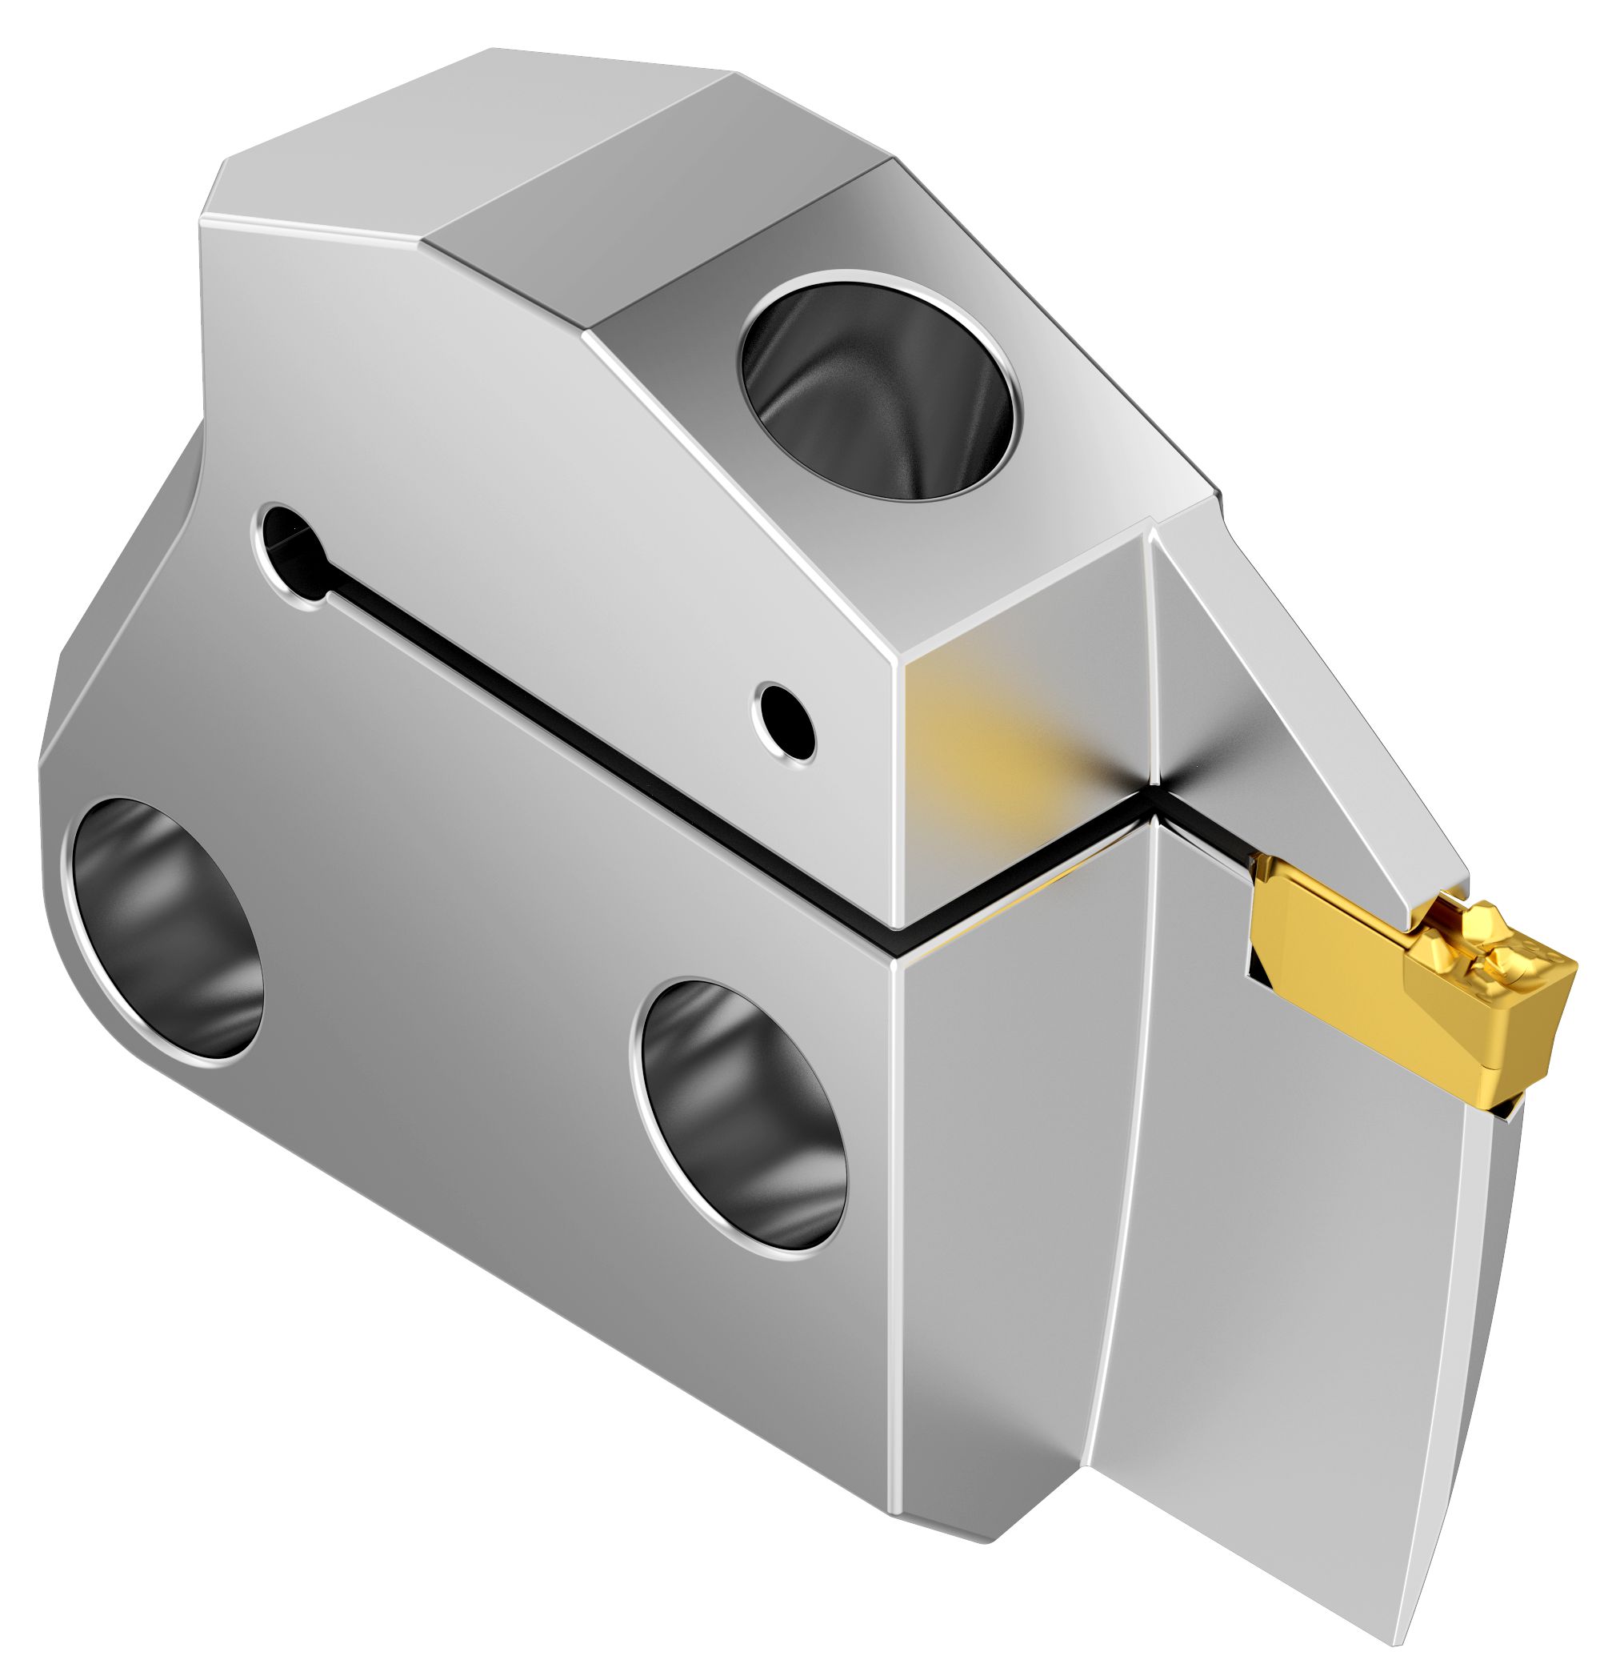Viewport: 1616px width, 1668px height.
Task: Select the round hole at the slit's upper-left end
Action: coord(292,553)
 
